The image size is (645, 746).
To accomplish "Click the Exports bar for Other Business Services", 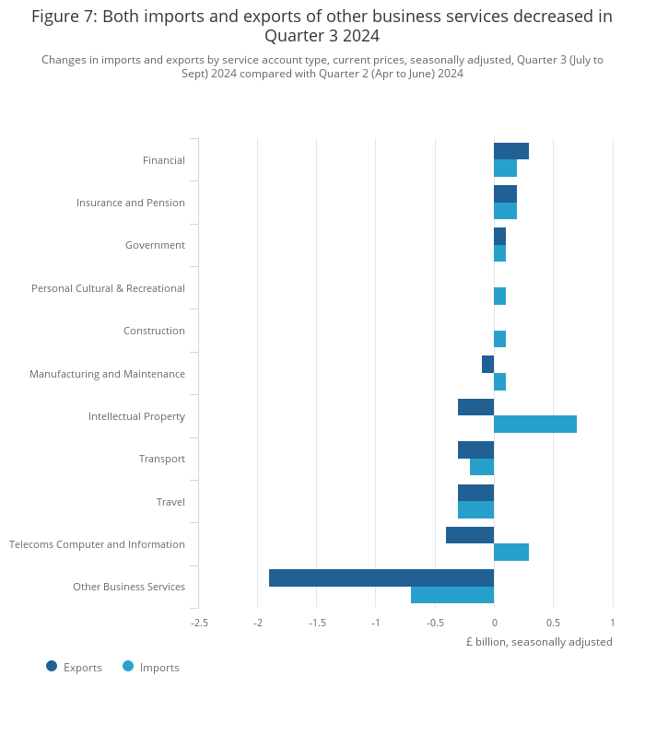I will click(381, 577).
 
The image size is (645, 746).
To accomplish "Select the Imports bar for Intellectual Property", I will click(535, 424).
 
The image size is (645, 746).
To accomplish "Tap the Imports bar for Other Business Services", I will click(452, 595).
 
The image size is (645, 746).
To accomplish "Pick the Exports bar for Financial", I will click(511, 151).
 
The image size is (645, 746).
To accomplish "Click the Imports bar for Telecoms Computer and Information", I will click(511, 552).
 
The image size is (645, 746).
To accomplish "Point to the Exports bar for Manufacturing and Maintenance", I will click(487, 364).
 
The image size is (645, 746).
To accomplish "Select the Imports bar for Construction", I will click(499, 339).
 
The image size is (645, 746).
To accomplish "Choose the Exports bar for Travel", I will click(475, 493).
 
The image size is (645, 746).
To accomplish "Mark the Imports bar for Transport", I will click(482, 467).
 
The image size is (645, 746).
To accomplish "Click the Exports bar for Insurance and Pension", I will click(505, 193).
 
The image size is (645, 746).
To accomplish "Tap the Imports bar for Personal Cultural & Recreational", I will click(499, 296).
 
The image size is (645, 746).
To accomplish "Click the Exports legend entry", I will click(74, 667).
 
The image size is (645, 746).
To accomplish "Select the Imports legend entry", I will click(150, 667).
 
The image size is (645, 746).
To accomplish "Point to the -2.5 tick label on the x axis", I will click(199, 623).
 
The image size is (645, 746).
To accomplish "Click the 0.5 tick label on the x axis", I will click(553, 623).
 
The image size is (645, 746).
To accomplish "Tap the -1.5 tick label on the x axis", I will click(317, 623).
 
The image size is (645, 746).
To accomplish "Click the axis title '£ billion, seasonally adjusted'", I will click(539, 642).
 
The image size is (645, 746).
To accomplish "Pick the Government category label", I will click(155, 245).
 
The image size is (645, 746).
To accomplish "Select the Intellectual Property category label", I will click(136, 416).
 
